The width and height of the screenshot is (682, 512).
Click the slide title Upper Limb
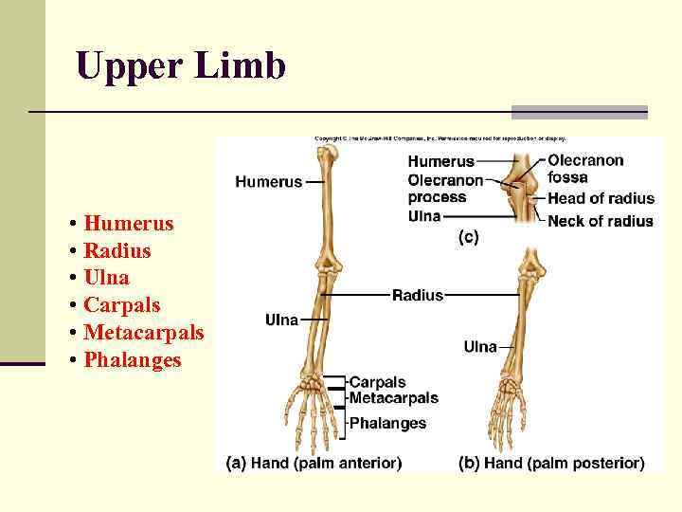point(180,65)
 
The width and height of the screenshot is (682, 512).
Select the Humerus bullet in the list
point(128,224)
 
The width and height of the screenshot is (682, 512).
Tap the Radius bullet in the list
point(117,251)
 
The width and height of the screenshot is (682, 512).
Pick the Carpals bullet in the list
point(121,305)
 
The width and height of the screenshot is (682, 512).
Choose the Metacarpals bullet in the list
point(143,333)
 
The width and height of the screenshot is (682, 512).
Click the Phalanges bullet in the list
point(132,360)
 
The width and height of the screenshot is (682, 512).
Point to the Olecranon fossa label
point(585,169)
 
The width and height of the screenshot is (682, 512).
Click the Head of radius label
point(601,198)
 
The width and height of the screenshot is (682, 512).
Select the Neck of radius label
point(600,221)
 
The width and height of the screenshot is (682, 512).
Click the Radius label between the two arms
point(418,296)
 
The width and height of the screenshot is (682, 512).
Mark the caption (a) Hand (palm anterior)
point(314,464)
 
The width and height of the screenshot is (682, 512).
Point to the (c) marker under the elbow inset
point(469,238)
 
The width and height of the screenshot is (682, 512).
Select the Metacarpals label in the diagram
point(393,398)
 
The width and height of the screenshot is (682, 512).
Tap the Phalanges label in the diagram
point(388,424)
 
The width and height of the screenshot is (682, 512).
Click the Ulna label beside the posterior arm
point(480,347)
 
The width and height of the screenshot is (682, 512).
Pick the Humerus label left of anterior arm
point(269,181)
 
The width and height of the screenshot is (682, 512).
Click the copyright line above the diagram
point(440,139)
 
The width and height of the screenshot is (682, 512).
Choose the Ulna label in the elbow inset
point(424,216)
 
